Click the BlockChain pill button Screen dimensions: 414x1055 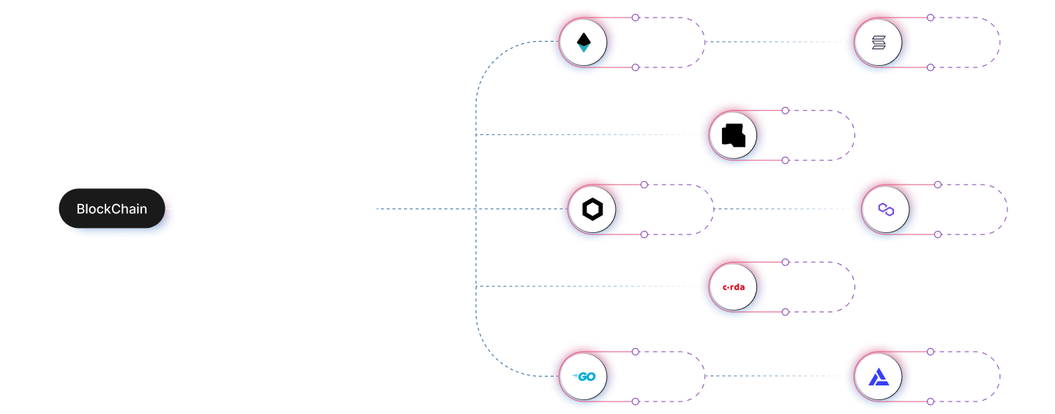point(112,209)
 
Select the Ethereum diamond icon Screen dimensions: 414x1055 point(584,42)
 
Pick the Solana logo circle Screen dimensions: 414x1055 point(878,42)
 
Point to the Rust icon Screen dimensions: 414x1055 point(733,136)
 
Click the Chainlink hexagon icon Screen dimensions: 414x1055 point(592,210)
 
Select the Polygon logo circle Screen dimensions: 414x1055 point(887,210)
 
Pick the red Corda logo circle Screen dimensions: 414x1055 point(733,287)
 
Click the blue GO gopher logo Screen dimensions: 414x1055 point(584,377)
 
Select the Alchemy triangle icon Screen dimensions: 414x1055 point(878,377)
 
